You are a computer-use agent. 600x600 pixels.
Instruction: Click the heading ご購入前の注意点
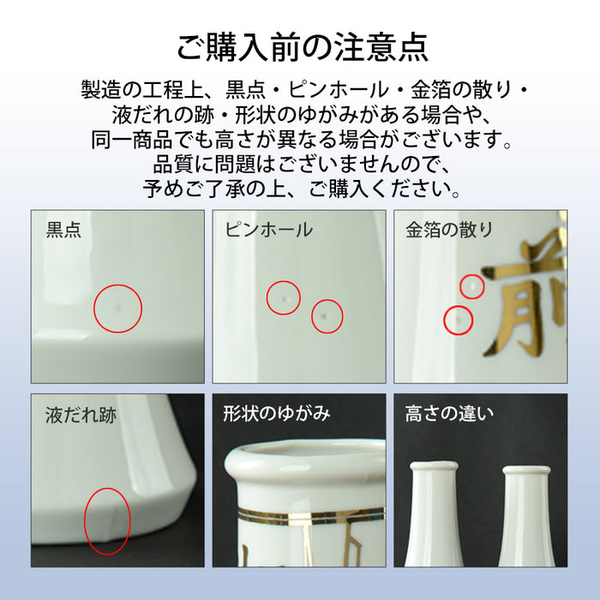pos(301,46)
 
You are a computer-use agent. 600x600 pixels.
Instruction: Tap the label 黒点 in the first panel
pos(63,230)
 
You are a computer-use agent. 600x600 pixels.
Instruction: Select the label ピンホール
pos(268,230)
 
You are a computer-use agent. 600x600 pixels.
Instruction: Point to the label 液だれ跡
pos(81,416)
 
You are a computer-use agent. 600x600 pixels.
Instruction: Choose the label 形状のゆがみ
pos(277,414)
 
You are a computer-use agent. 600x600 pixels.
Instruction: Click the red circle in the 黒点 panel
pos(117,308)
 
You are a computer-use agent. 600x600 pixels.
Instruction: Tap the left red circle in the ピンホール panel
pos(283,297)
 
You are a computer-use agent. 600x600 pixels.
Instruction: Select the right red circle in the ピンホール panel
pos(327,316)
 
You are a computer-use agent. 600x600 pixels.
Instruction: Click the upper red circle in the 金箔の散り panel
pos(471,285)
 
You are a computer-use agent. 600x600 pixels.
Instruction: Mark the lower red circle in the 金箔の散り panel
pos(459,320)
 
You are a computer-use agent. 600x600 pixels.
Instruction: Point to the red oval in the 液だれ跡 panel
pos(107,521)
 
